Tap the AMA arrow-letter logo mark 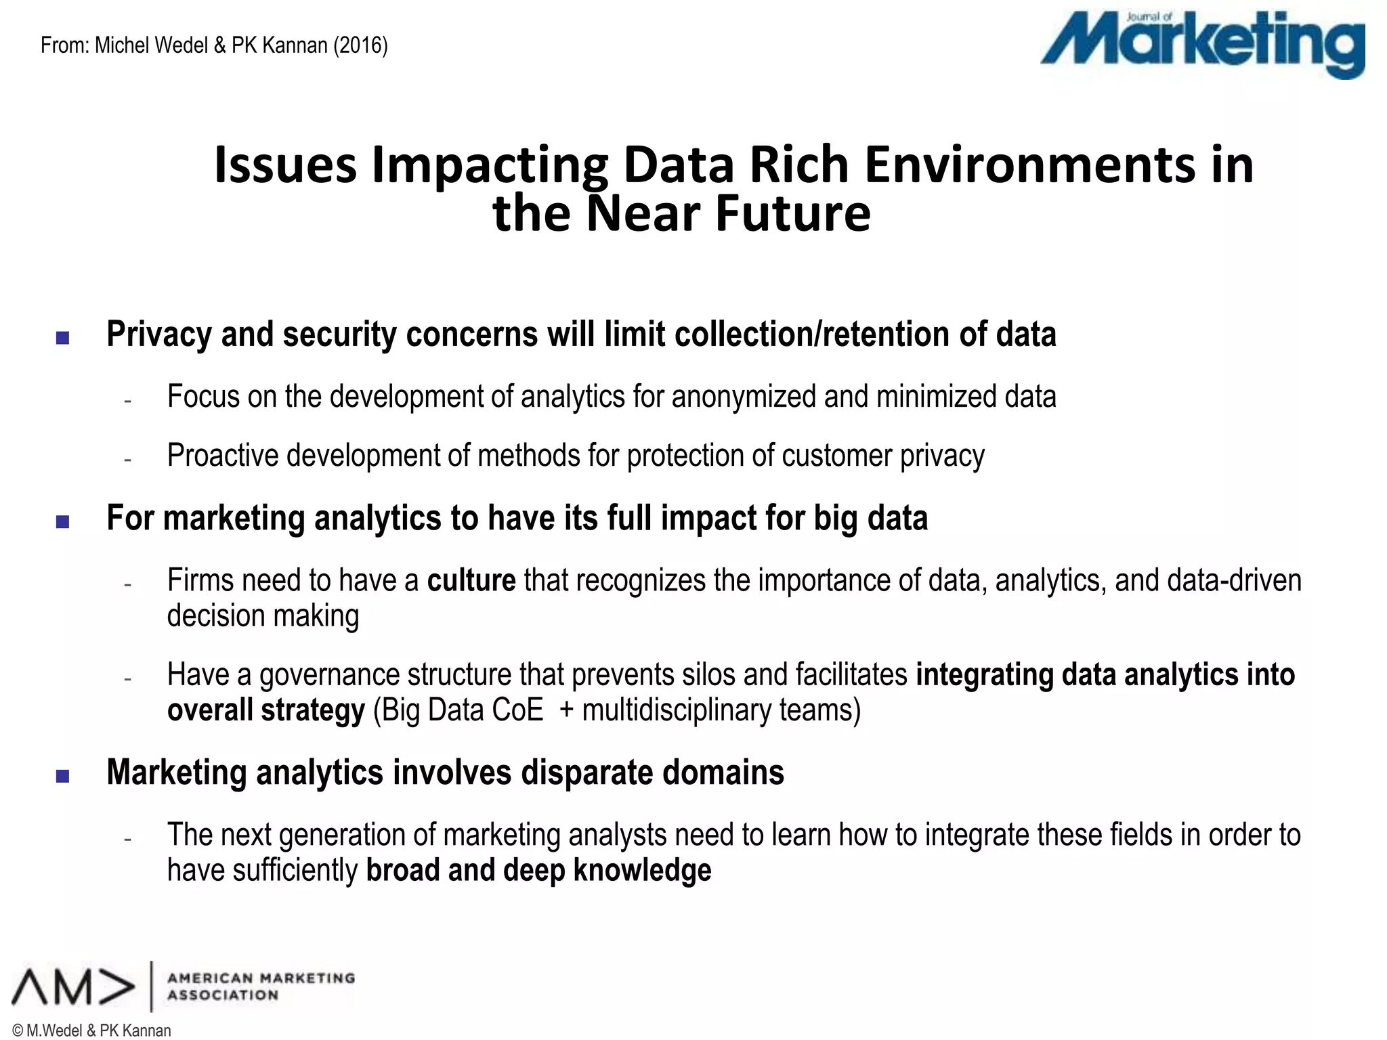coord(73,987)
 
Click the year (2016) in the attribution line coord(360,45)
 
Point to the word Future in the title coord(792,213)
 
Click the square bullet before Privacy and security coord(63,337)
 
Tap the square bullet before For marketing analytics coord(63,521)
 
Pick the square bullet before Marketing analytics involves coord(63,776)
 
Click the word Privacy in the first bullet coord(159,334)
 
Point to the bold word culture coord(471,581)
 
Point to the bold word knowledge coord(642,871)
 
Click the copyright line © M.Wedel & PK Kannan coord(92,1031)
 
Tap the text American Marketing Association coord(261,987)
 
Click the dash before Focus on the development coord(127,400)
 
